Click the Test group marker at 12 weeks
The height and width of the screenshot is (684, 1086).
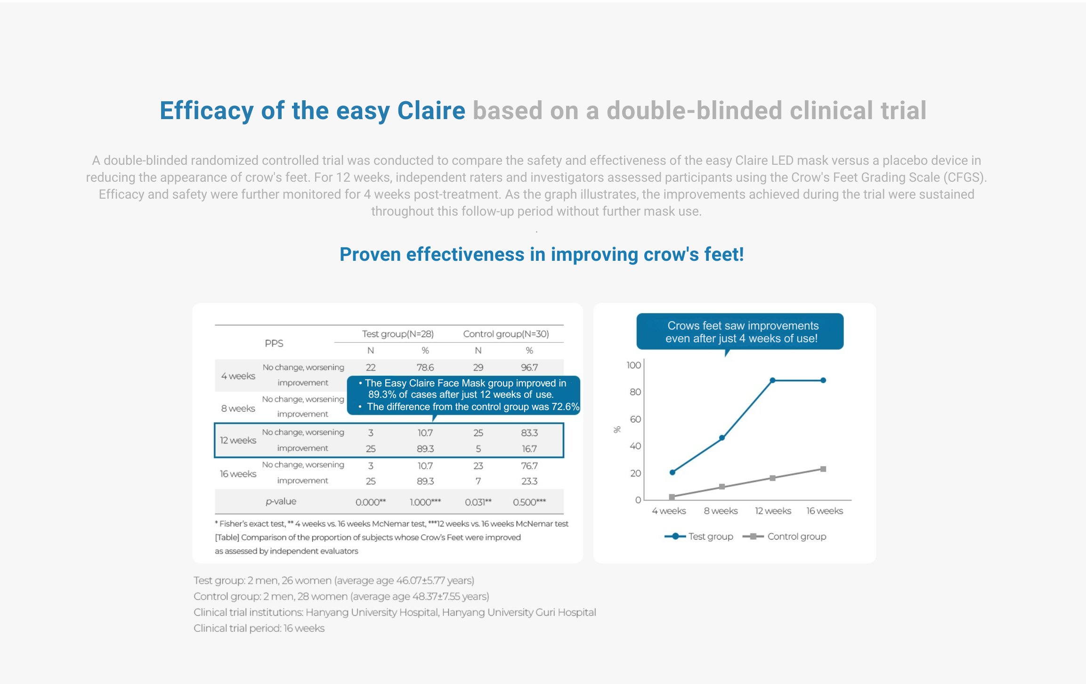[772, 380]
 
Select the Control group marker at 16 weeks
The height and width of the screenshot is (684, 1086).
[823, 469]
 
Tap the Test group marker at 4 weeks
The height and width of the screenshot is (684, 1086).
[673, 472]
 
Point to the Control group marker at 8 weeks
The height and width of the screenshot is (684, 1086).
[722, 487]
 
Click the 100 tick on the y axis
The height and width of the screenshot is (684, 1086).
[633, 365]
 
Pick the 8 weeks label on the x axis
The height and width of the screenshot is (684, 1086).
[721, 511]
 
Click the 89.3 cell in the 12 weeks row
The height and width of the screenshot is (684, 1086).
[425, 449]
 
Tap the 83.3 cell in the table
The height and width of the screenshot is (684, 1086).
[529, 433]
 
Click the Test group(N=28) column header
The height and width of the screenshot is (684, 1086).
[397, 334]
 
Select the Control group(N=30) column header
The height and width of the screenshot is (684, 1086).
[506, 334]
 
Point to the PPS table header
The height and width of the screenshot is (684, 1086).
[274, 343]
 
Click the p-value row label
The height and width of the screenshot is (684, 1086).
[281, 501]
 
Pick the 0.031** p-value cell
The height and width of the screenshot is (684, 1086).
[478, 502]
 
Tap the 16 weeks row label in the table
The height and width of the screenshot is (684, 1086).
[238, 474]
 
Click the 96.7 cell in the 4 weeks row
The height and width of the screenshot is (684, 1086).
[529, 367]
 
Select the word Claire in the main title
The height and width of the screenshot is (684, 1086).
[431, 111]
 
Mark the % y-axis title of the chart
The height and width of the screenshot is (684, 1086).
[617, 429]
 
